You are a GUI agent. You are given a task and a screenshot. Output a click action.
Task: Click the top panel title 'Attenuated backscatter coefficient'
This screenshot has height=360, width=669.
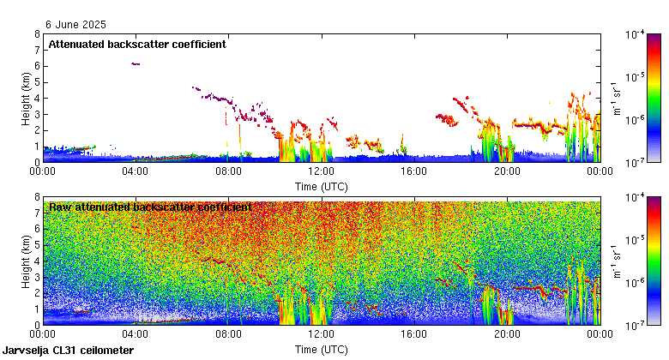(x=136, y=44)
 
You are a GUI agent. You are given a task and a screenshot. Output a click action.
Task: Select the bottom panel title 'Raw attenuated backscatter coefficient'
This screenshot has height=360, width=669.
(x=149, y=207)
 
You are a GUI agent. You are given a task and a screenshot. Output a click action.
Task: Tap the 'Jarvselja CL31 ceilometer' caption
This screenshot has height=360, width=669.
(x=68, y=351)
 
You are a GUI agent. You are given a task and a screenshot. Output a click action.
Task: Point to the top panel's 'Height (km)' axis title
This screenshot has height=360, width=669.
(x=27, y=98)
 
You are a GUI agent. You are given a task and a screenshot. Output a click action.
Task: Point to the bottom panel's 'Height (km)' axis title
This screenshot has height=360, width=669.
(x=27, y=261)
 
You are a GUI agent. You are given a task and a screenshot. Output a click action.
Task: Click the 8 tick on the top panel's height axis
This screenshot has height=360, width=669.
(x=36, y=34)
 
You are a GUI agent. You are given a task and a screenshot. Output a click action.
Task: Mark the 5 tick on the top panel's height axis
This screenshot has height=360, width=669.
(x=36, y=82)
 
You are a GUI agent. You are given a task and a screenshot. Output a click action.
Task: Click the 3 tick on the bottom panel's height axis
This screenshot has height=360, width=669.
(x=36, y=277)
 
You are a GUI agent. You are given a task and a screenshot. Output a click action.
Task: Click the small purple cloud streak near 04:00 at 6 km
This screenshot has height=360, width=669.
(x=135, y=64)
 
